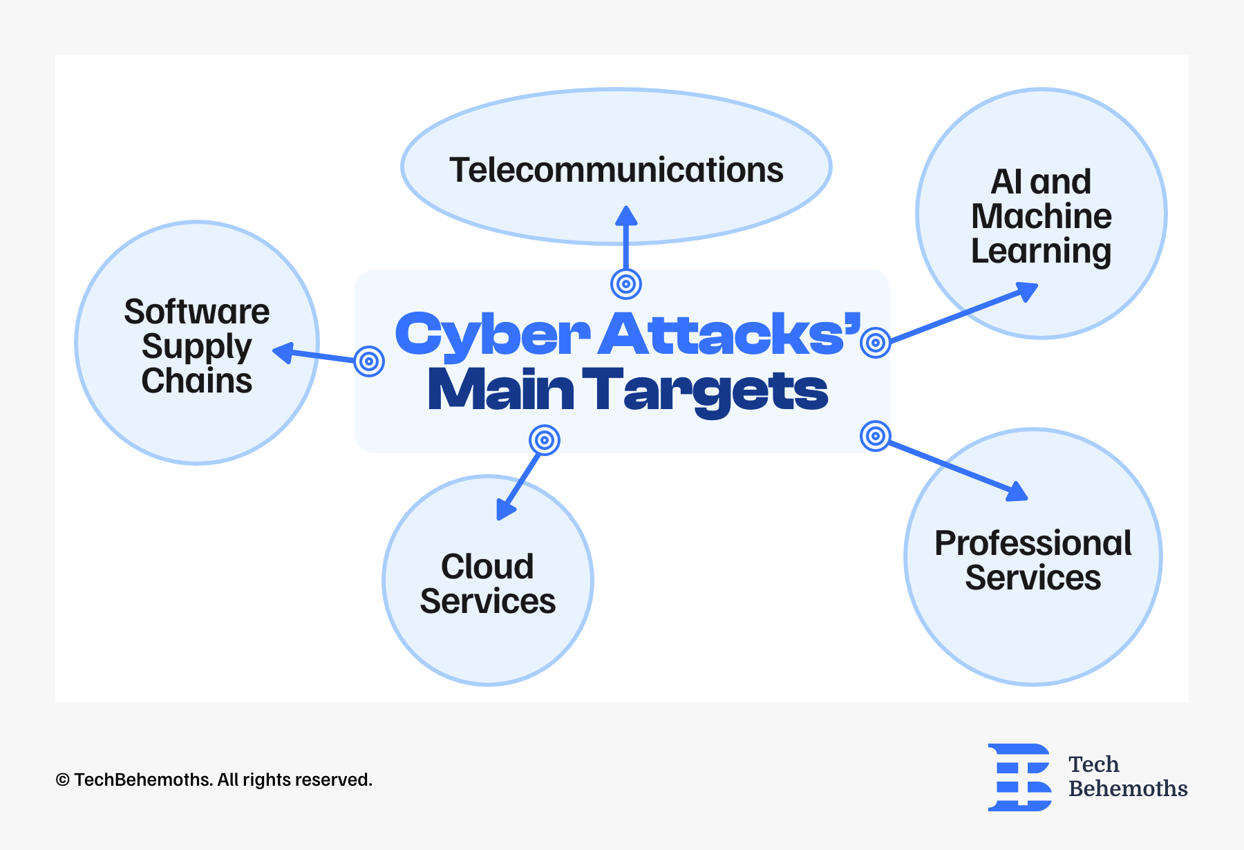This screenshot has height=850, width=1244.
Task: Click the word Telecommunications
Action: tap(616, 170)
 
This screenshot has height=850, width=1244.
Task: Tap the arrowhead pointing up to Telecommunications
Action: tap(626, 216)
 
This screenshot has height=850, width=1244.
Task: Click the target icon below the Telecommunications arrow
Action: tap(626, 283)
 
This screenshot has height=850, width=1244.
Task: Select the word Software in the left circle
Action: tap(197, 312)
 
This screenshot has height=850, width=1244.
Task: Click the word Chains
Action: tap(197, 381)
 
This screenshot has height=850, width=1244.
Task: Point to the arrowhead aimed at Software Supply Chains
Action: tap(283, 352)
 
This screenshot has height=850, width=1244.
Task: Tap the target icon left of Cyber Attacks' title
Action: tap(369, 361)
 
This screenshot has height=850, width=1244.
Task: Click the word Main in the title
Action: tap(501, 389)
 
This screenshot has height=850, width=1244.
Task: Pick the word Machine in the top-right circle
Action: tap(1042, 216)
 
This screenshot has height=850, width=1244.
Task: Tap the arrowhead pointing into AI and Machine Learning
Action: tap(1026, 291)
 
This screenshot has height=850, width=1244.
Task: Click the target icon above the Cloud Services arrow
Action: tap(545, 440)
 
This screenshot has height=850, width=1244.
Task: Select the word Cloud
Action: tap(487, 567)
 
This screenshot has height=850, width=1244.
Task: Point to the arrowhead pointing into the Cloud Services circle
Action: tap(506, 509)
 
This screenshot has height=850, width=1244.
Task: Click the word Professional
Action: tap(1033, 543)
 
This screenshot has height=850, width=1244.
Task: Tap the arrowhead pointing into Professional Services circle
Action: tap(1017, 491)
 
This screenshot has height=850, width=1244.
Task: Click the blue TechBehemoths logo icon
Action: tap(1019, 777)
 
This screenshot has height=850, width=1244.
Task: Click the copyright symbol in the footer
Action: tap(63, 780)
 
